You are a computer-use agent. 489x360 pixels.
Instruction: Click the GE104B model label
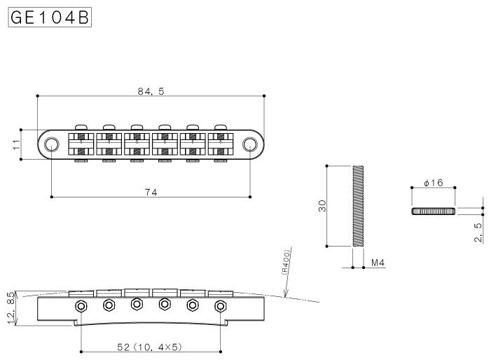coord(50,17)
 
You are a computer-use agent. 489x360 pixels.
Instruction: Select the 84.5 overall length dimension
coord(151,91)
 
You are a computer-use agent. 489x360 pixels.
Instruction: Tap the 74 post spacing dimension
coord(151,193)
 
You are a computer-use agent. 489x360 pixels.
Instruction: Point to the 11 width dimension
coord(17,144)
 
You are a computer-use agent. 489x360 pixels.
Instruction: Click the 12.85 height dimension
coord(11,308)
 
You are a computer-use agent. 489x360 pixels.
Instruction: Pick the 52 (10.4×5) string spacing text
coord(149,347)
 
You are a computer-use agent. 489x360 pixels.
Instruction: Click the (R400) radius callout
coord(286,262)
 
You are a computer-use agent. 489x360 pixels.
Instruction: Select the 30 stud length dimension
coord(322,206)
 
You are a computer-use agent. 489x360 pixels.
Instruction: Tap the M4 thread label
coord(378,263)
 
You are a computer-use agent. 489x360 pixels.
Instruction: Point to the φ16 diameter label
coord(434,182)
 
